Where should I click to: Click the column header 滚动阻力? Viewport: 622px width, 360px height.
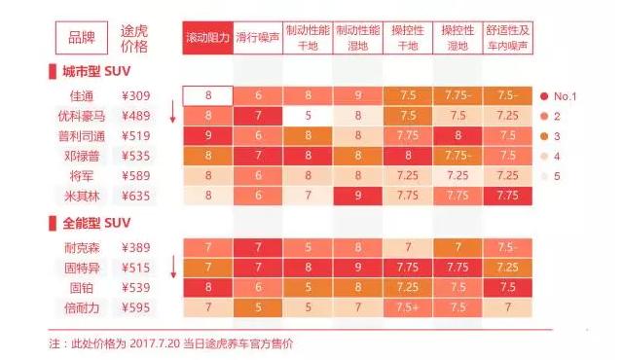point(207,37)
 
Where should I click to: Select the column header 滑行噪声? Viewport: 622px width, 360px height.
point(258,37)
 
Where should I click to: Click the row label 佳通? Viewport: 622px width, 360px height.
point(83,96)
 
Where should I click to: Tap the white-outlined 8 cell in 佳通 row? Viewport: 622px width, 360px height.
point(207,96)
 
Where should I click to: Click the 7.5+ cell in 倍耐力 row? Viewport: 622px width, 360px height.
point(407,306)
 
